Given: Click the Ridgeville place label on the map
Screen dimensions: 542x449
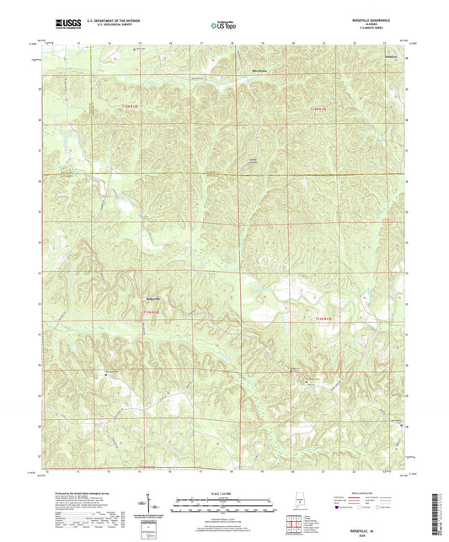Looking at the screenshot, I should click(152, 298).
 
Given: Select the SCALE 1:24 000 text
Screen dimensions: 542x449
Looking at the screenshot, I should click(224, 493).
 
